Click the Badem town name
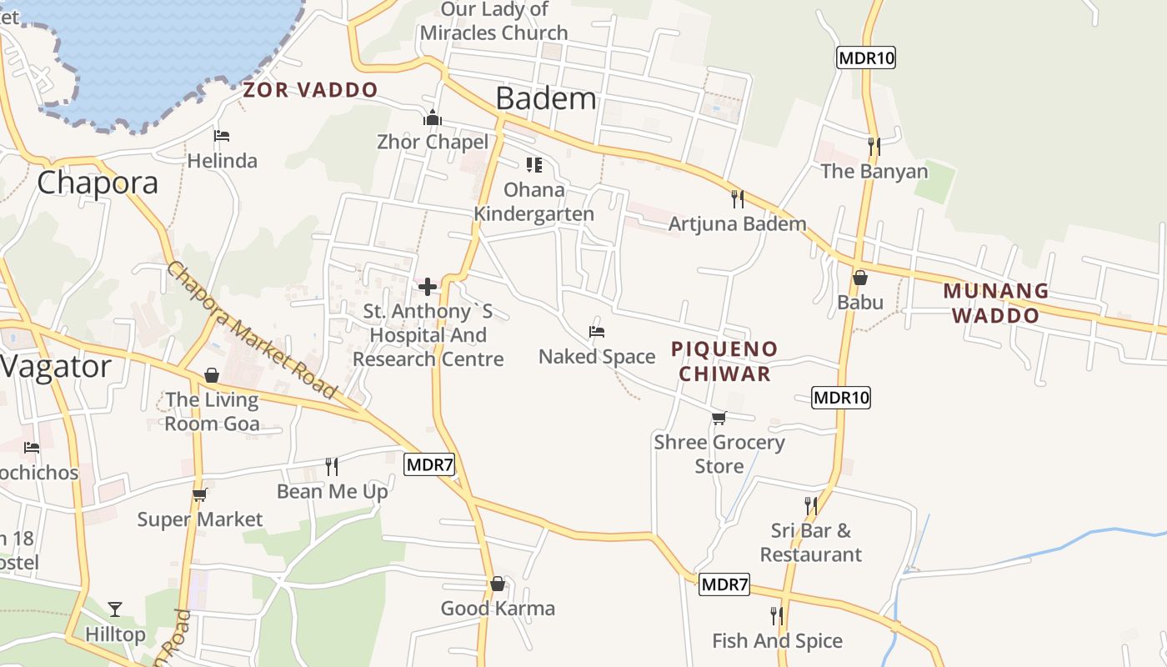coord(546,98)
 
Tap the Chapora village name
coord(98,183)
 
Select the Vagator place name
coord(55,367)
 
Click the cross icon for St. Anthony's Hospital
coord(428,288)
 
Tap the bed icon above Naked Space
coord(596,332)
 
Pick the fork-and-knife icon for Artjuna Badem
coord(737,199)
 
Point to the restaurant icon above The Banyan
coord(874,147)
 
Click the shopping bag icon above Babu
coord(860,278)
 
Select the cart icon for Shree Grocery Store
coord(719,418)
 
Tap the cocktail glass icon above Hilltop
coord(115,609)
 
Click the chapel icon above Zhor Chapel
coord(432,118)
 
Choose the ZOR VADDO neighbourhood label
coord(310,90)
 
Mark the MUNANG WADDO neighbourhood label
coord(996,303)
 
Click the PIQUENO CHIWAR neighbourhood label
coord(724,361)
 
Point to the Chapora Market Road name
coord(251,330)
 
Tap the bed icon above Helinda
coord(221,136)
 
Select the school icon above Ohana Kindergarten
coord(533,165)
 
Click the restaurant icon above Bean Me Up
coord(332,467)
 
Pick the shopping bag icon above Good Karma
coord(498,584)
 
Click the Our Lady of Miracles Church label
coord(494,22)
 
